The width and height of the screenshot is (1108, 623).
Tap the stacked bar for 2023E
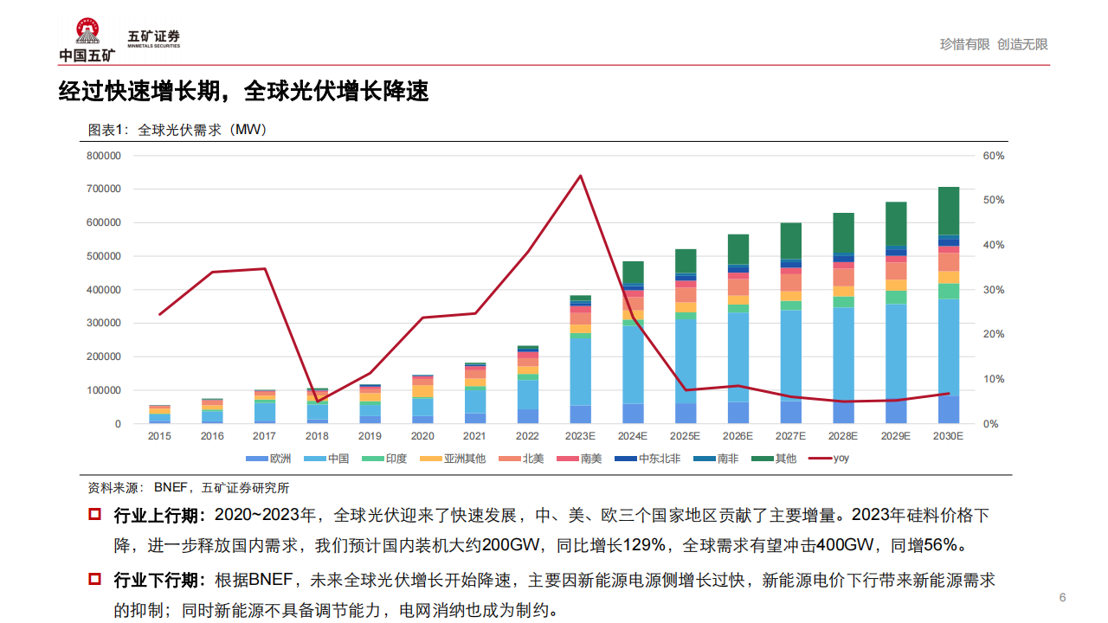coord(580,359)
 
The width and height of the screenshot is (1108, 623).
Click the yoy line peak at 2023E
coord(580,177)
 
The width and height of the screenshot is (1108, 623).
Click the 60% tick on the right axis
coord(993,156)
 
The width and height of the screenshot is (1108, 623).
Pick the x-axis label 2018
coord(318,436)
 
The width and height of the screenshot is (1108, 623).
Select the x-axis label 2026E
coord(738,436)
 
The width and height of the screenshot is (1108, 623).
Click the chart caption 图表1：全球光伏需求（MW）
coord(177,130)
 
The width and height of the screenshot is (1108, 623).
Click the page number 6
coord(1063,598)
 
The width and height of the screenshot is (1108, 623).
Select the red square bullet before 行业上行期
coord(95,515)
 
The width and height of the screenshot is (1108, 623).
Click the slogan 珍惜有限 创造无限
coord(994,44)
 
